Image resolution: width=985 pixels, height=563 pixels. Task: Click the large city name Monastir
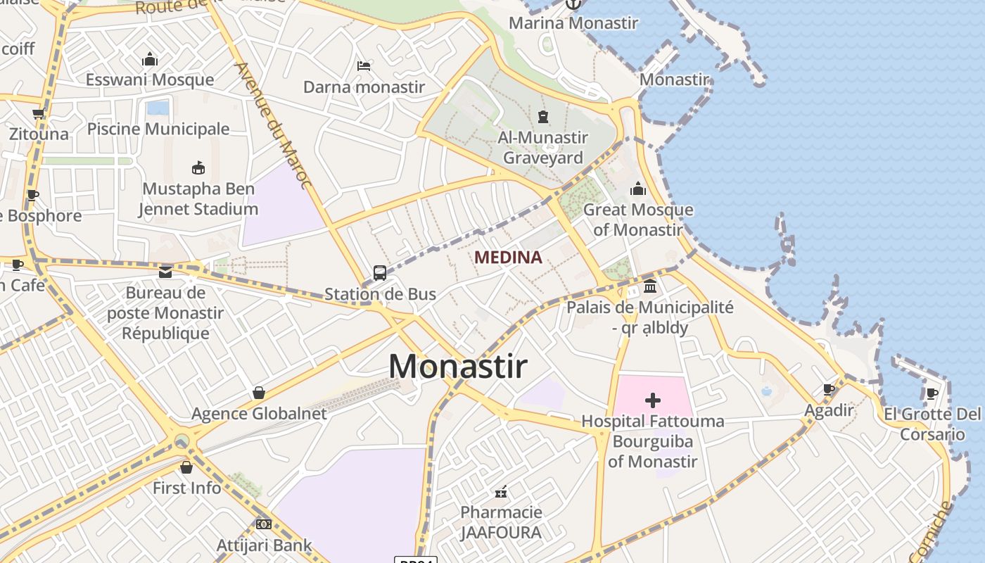pyautogui.click(x=458, y=366)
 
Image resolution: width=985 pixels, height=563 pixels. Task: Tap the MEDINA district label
pyautogui.click(x=508, y=258)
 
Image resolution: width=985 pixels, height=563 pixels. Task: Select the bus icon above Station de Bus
pyautogui.click(x=380, y=273)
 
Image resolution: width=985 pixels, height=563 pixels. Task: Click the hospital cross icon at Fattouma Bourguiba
pyautogui.click(x=653, y=400)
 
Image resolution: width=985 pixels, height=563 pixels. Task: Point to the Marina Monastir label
pyautogui.click(x=573, y=23)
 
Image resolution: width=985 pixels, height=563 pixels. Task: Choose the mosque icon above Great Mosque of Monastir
pyautogui.click(x=638, y=189)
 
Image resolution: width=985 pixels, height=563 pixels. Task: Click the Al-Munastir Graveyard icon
pyautogui.click(x=543, y=116)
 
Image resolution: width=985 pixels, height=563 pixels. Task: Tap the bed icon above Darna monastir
pyautogui.click(x=364, y=66)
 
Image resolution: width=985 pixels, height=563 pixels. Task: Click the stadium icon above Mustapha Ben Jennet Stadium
pyautogui.click(x=198, y=167)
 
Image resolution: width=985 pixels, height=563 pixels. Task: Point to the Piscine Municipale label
pyautogui.click(x=158, y=129)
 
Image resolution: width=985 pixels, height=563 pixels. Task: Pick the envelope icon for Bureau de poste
pyautogui.click(x=165, y=272)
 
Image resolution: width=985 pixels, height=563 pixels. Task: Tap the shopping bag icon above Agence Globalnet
pyautogui.click(x=259, y=393)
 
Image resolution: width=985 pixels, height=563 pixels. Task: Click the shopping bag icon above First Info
pyautogui.click(x=186, y=467)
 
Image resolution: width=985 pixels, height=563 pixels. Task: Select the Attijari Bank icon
pyautogui.click(x=264, y=524)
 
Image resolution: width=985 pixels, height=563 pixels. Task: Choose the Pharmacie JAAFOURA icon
pyautogui.click(x=501, y=491)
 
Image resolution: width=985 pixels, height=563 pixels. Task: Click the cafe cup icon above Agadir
pyautogui.click(x=829, y=389)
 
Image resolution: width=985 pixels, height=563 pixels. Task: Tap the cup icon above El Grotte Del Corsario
pyautogui.click(x=932, y=393)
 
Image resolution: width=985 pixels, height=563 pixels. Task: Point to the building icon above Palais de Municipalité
pyautogui.click(x=650, y=286)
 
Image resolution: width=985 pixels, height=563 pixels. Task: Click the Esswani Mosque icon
pyautogui.click(x=150, y=59)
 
